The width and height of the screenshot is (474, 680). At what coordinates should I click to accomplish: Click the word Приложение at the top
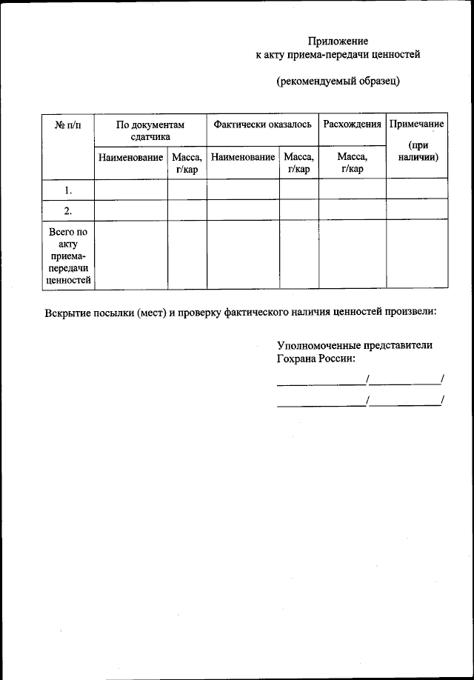point(338,41)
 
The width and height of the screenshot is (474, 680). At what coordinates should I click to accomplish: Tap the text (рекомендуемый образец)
point(338,81)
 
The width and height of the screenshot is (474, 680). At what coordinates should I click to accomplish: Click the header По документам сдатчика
point(150,130)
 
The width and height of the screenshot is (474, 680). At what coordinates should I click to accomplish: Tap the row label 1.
point(68,190)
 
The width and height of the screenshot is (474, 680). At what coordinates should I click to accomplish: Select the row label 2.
point(68,210)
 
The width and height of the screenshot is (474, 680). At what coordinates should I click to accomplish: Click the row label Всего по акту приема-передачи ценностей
point(68,256)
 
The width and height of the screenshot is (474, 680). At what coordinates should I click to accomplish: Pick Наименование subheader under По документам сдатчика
point(130,158)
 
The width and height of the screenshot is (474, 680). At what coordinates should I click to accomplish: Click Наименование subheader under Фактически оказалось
point(243,158)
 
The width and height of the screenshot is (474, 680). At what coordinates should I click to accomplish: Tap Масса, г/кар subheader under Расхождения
point(352,163)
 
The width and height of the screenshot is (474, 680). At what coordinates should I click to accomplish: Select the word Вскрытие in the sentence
point(70,312)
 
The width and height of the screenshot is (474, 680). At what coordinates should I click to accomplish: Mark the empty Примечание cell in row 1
point(416,190)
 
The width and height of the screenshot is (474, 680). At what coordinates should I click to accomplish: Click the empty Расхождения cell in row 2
point(352,210)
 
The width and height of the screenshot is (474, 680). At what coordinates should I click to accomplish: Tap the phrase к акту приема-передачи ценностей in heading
point(338,54)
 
